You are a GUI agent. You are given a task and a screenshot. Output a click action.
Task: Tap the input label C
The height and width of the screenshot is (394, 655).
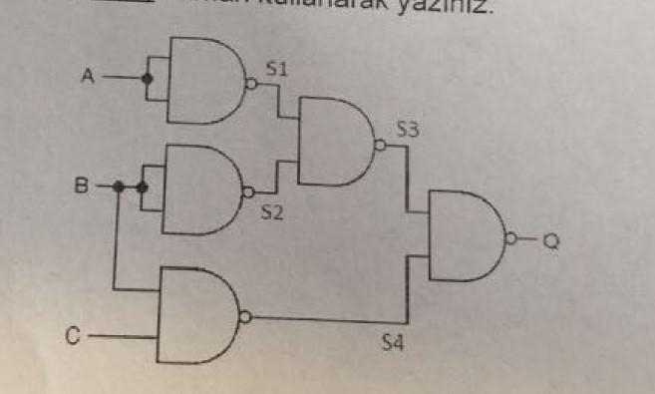pyautogui.click(x=73, y=337)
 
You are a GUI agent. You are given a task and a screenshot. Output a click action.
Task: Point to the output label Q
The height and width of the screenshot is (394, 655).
pyautogui.click(x=551, y=240)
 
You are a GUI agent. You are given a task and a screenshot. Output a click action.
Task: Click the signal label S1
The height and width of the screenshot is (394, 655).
pyautogui.click(x=277, y=69)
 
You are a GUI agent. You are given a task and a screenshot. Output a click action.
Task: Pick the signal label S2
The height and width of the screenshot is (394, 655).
pyautogui.click(x=273, y=211)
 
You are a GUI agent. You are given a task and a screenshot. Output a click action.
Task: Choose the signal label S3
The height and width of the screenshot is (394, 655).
pyautogui.click(x=408, y=129)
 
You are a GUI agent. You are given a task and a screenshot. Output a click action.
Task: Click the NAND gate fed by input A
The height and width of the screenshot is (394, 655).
pyautogui.click(x=205, y=81)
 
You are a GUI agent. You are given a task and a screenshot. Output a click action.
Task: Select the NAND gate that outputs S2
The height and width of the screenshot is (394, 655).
pyautogui.click(x=200, y=189)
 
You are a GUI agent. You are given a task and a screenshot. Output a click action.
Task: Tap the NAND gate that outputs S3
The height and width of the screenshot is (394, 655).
pyautogui.click(x=335, y=142)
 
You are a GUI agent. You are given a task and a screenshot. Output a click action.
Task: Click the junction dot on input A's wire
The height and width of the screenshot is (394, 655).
pyautogui.click(x=148, y=78)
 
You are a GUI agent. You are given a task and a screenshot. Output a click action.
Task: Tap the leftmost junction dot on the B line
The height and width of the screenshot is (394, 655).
pyautogui.click(x=118, y=186)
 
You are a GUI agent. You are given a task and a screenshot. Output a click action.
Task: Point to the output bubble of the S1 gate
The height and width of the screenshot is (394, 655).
pyautogui.click(x=251, y=86)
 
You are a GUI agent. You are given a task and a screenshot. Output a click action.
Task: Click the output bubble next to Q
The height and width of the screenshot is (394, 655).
pyautogui.click(x=511, y=239)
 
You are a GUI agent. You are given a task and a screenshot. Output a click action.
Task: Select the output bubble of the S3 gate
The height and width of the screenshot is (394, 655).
pyautogui.click(x=379, y=146)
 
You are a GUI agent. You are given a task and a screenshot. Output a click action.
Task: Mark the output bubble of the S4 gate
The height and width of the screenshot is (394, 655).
pyautogui.click(x=245, y=317)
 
